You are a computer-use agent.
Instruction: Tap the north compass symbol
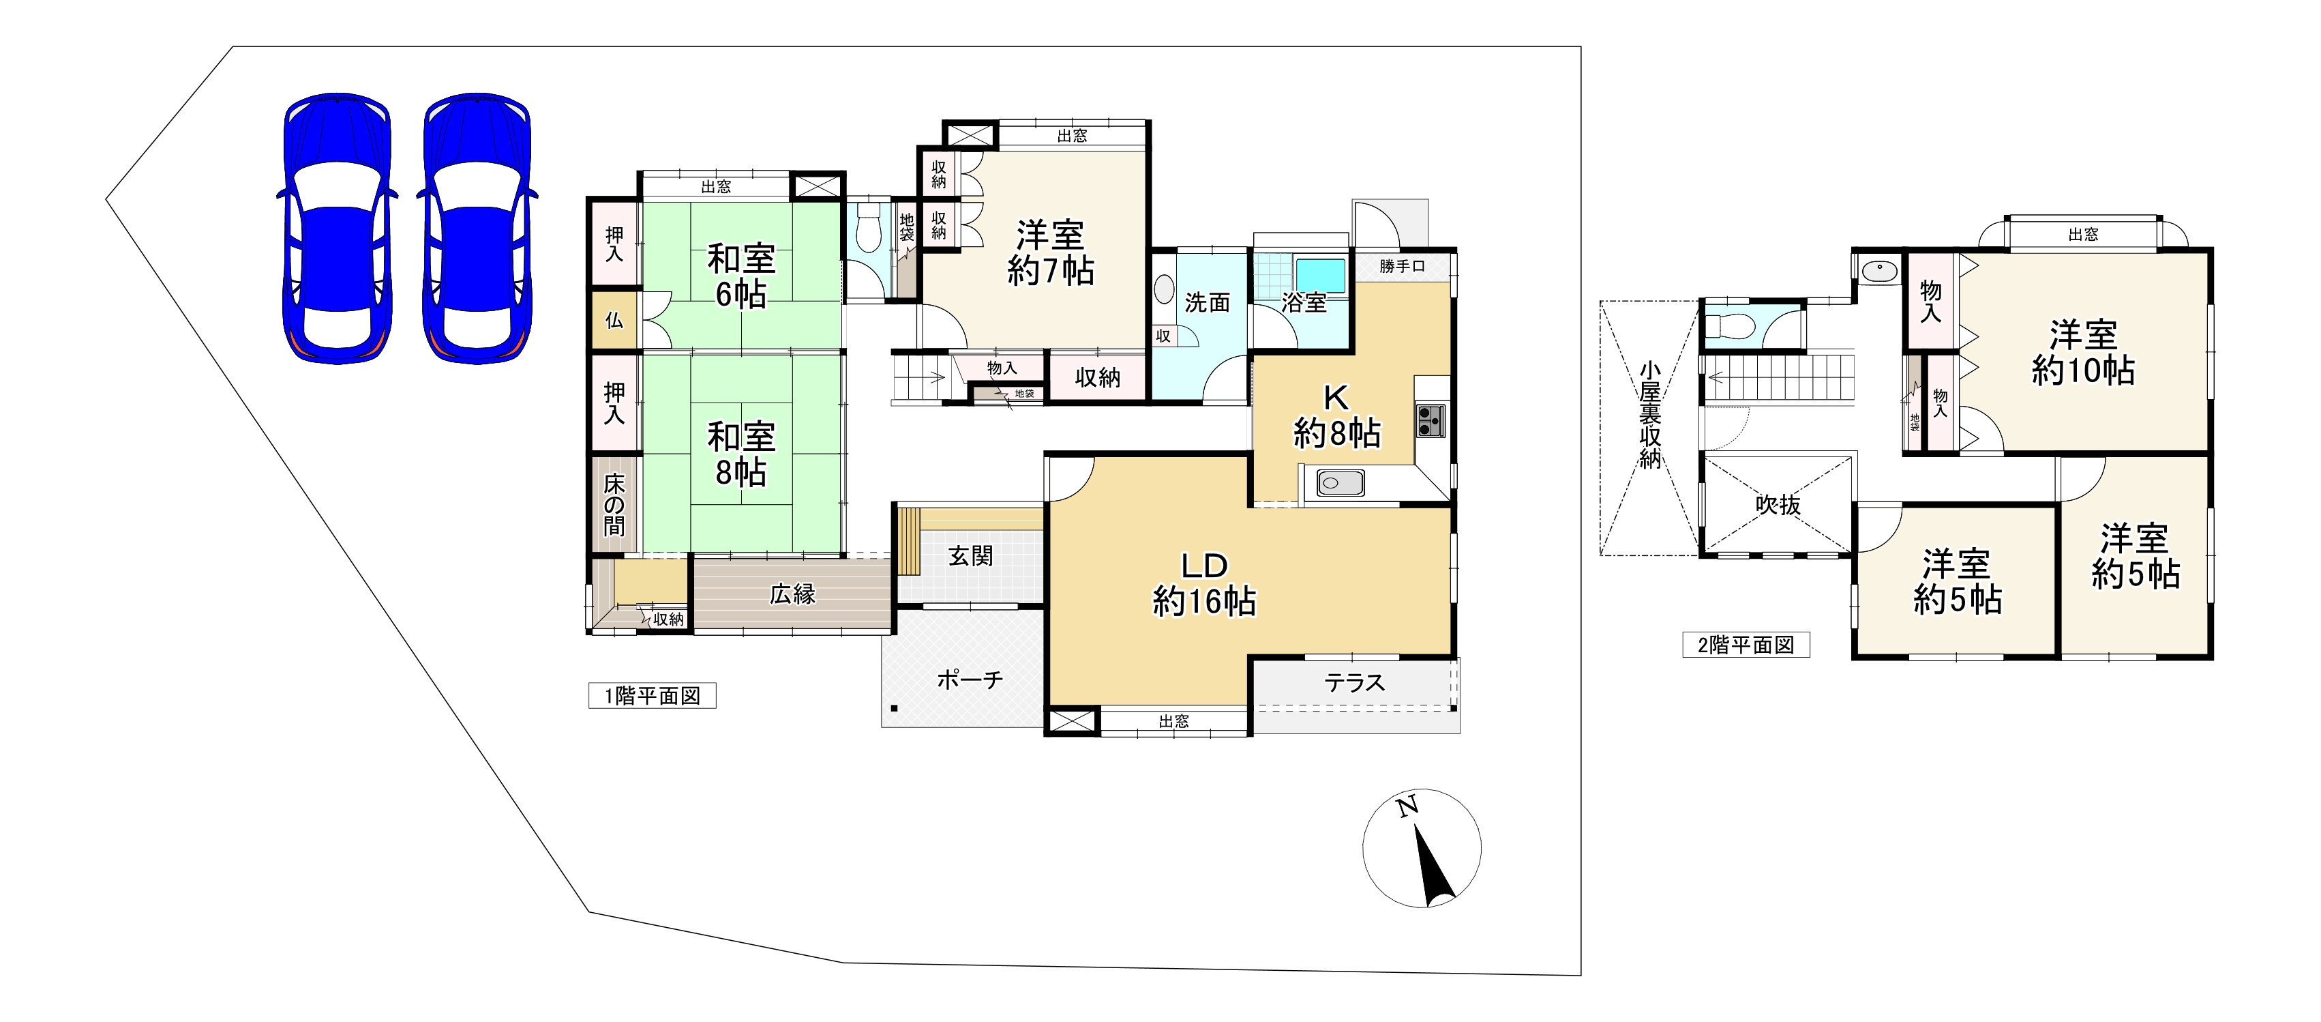pyautogui.click(x=1422, y=848)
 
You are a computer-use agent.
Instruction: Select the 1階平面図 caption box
pyautogui.click(x=653, y=696)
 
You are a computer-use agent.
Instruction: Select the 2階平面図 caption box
pyautogui.click(x=1746, y=645)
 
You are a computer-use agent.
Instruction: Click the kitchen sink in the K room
pyautogui.click(x=1341, y=483)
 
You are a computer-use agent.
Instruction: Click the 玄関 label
pyautogui.click(x=970, y=556)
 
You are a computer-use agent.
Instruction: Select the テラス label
pyautogui.click(x=1354, y=683)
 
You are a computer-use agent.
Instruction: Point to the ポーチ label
pyautogui.click(x=970, y=679)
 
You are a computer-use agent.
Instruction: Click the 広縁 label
pyautogui.click(x=792, y=594)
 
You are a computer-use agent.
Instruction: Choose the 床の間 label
pyautogui.click(x=614, y=505)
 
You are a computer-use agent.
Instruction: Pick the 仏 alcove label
pyautogui.click(x=614, y=320)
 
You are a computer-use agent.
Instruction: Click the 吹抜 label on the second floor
pyautogui.click(x=1778, y=505)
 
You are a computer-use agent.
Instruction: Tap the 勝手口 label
pyautogui.click(x=1402, y=267)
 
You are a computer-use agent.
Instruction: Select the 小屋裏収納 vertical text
pyautogui.click(x=1650, y=415)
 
